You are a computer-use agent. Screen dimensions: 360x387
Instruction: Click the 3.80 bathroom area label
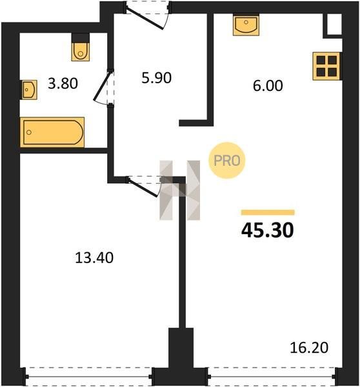point(63,83)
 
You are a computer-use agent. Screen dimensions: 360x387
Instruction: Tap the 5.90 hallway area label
point(156,78)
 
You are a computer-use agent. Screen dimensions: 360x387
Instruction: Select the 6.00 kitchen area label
point(268,86)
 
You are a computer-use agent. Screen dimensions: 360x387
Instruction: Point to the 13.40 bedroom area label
point(94,257)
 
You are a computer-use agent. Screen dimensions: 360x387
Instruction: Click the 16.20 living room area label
point(309,348)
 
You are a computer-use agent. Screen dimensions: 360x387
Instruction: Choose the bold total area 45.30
point(267,230)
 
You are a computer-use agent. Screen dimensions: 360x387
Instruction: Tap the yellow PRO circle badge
point(227,161)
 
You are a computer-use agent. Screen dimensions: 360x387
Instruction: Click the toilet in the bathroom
point(81,47)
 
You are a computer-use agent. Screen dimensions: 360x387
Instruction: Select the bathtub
point(52,132)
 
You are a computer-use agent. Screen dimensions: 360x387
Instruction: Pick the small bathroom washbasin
point(29,90)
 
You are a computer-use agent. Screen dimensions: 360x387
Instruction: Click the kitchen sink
point(246,25)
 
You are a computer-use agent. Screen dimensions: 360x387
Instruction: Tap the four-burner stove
point(327,66)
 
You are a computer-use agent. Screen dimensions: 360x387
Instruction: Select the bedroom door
point(144,186)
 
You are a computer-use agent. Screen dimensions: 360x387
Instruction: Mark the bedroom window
point(88,377)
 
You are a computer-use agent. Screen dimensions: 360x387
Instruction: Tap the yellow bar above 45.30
point(268,212)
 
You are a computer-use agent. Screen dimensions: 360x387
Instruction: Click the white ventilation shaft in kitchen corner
point(334,24)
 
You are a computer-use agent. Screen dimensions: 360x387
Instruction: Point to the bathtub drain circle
point(29,132)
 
